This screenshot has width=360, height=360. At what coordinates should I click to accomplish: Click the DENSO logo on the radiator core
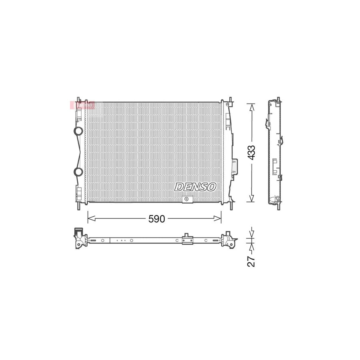196,187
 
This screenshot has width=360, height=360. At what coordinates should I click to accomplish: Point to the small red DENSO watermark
82,105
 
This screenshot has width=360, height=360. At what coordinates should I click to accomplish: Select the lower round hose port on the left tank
78,172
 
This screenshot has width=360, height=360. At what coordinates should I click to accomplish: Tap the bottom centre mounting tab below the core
187,200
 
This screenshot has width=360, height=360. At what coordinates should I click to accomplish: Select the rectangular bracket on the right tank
235,166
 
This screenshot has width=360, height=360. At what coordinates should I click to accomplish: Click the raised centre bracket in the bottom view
187,239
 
